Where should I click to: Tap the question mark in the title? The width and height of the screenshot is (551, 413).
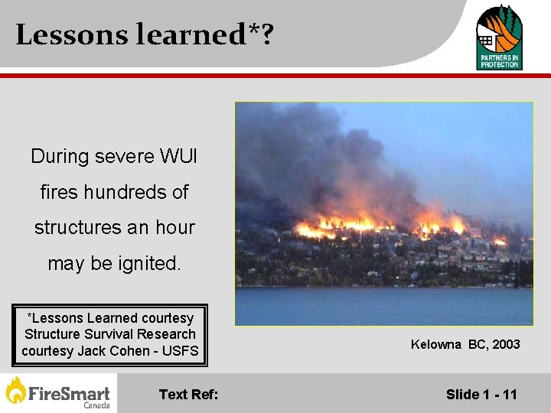point(266,35)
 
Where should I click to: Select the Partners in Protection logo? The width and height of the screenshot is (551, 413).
point(499,36)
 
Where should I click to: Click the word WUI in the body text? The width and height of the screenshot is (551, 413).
point(179,157)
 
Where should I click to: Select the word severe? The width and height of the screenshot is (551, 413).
point(124,157)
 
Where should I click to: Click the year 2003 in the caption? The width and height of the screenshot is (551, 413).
point(506,344)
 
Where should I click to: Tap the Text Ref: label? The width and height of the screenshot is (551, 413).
point(188,395)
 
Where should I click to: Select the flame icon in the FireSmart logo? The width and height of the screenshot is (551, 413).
point(16,391)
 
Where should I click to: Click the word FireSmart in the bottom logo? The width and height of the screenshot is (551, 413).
point(69,393)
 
